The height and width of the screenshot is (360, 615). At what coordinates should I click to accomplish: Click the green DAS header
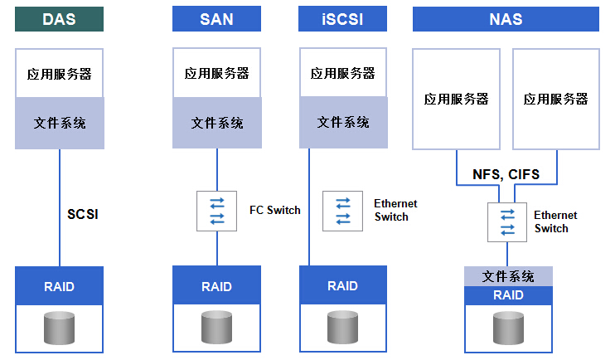tap(59, 19)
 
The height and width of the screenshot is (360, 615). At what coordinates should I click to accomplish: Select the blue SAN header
tap(216, 18)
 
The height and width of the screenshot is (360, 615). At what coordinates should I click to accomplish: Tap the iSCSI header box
tap(342, 18)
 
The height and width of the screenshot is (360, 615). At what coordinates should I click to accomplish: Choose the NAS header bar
tap(506, 18)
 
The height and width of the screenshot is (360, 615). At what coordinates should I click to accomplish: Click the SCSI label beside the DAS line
tap(82, 214)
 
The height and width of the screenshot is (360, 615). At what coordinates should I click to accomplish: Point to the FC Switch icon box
tap(216, 211)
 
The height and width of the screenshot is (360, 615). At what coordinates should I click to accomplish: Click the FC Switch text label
tap(274, 210)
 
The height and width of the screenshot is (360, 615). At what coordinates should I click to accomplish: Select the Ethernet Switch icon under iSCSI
tap(342, 211)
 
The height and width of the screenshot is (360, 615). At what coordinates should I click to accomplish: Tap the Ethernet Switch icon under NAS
tap(507, 222)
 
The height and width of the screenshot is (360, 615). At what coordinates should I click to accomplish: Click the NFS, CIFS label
tap(506, 174)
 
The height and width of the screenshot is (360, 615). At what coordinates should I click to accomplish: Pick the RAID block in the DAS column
tap(59, 286)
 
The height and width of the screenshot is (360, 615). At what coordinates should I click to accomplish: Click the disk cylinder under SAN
tap(216, 328)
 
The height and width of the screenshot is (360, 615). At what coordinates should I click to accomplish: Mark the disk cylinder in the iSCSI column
tap(342, 328)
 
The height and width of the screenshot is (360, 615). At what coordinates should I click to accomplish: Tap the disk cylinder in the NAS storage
tap(508, 328)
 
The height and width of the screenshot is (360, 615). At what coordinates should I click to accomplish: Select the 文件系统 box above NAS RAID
tap(508, 276)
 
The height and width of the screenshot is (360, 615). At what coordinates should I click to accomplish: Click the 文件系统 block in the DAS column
tap(60, 124)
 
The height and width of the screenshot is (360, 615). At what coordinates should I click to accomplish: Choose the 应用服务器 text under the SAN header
tap(216, 73)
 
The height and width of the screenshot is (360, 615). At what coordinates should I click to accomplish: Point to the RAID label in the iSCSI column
tap(342, 286)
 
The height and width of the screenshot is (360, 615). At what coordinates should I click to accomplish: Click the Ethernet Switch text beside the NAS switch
tap(555, 221)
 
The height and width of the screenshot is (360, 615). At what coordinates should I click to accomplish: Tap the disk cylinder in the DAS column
tap(59, 328)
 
